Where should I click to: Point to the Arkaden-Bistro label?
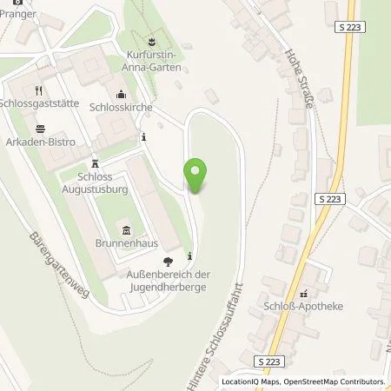(x=38, y=142)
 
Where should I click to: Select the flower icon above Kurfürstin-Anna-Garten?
(x=151, y=41)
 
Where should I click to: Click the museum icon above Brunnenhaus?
(x=128, y=230)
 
